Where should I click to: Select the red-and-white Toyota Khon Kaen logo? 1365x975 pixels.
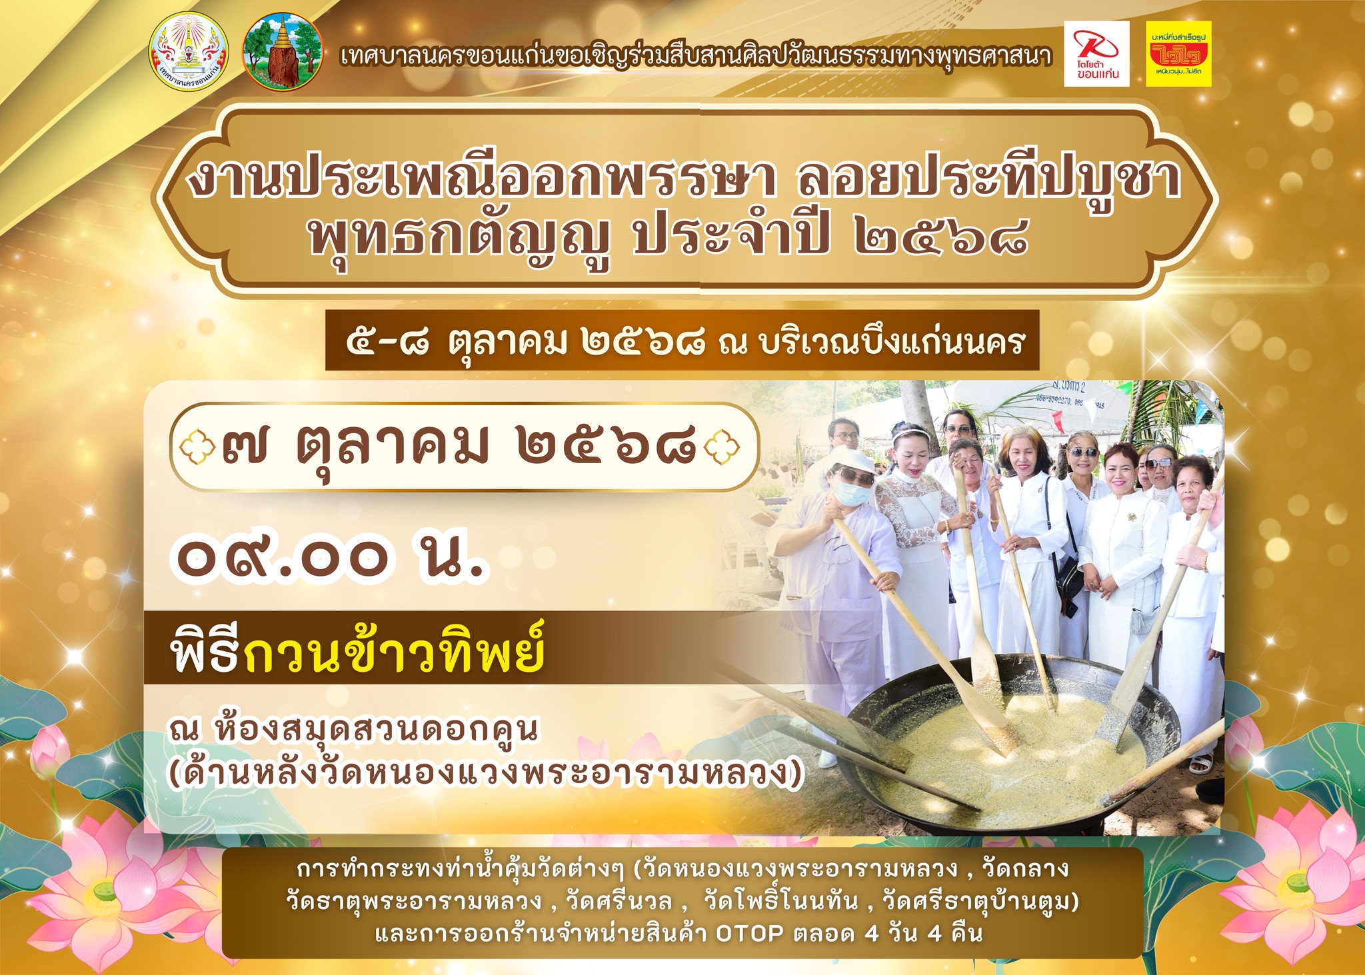pos(1096,54)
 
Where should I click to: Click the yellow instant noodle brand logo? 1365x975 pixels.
pos(1179,54)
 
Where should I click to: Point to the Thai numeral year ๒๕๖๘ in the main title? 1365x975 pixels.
pos(940,239)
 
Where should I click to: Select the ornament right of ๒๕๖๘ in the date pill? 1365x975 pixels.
pos(721,448)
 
